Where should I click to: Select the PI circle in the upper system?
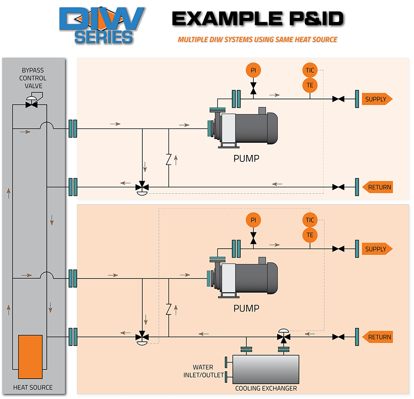[x=253, y=70]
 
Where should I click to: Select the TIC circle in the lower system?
[x=310, y=220]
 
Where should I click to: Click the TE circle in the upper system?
[x=310, y=85]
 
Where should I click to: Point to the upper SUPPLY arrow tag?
[x=376, y=99]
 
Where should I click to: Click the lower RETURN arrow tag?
[x=377, y=337]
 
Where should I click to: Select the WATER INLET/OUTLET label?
[x=203, y=371]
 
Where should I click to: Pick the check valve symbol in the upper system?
[x=169, y=160]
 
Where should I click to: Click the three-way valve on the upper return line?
[x=142, y=186]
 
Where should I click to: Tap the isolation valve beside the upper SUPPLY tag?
[x=339, y=99]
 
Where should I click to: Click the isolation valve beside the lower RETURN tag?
[x=339, y=337]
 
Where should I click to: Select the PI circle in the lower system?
[x=253, y=220]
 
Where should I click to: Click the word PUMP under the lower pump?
[x=246, y=309]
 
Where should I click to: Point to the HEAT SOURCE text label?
[x=33, y=387]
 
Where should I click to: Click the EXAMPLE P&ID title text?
[x=258, y=19]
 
